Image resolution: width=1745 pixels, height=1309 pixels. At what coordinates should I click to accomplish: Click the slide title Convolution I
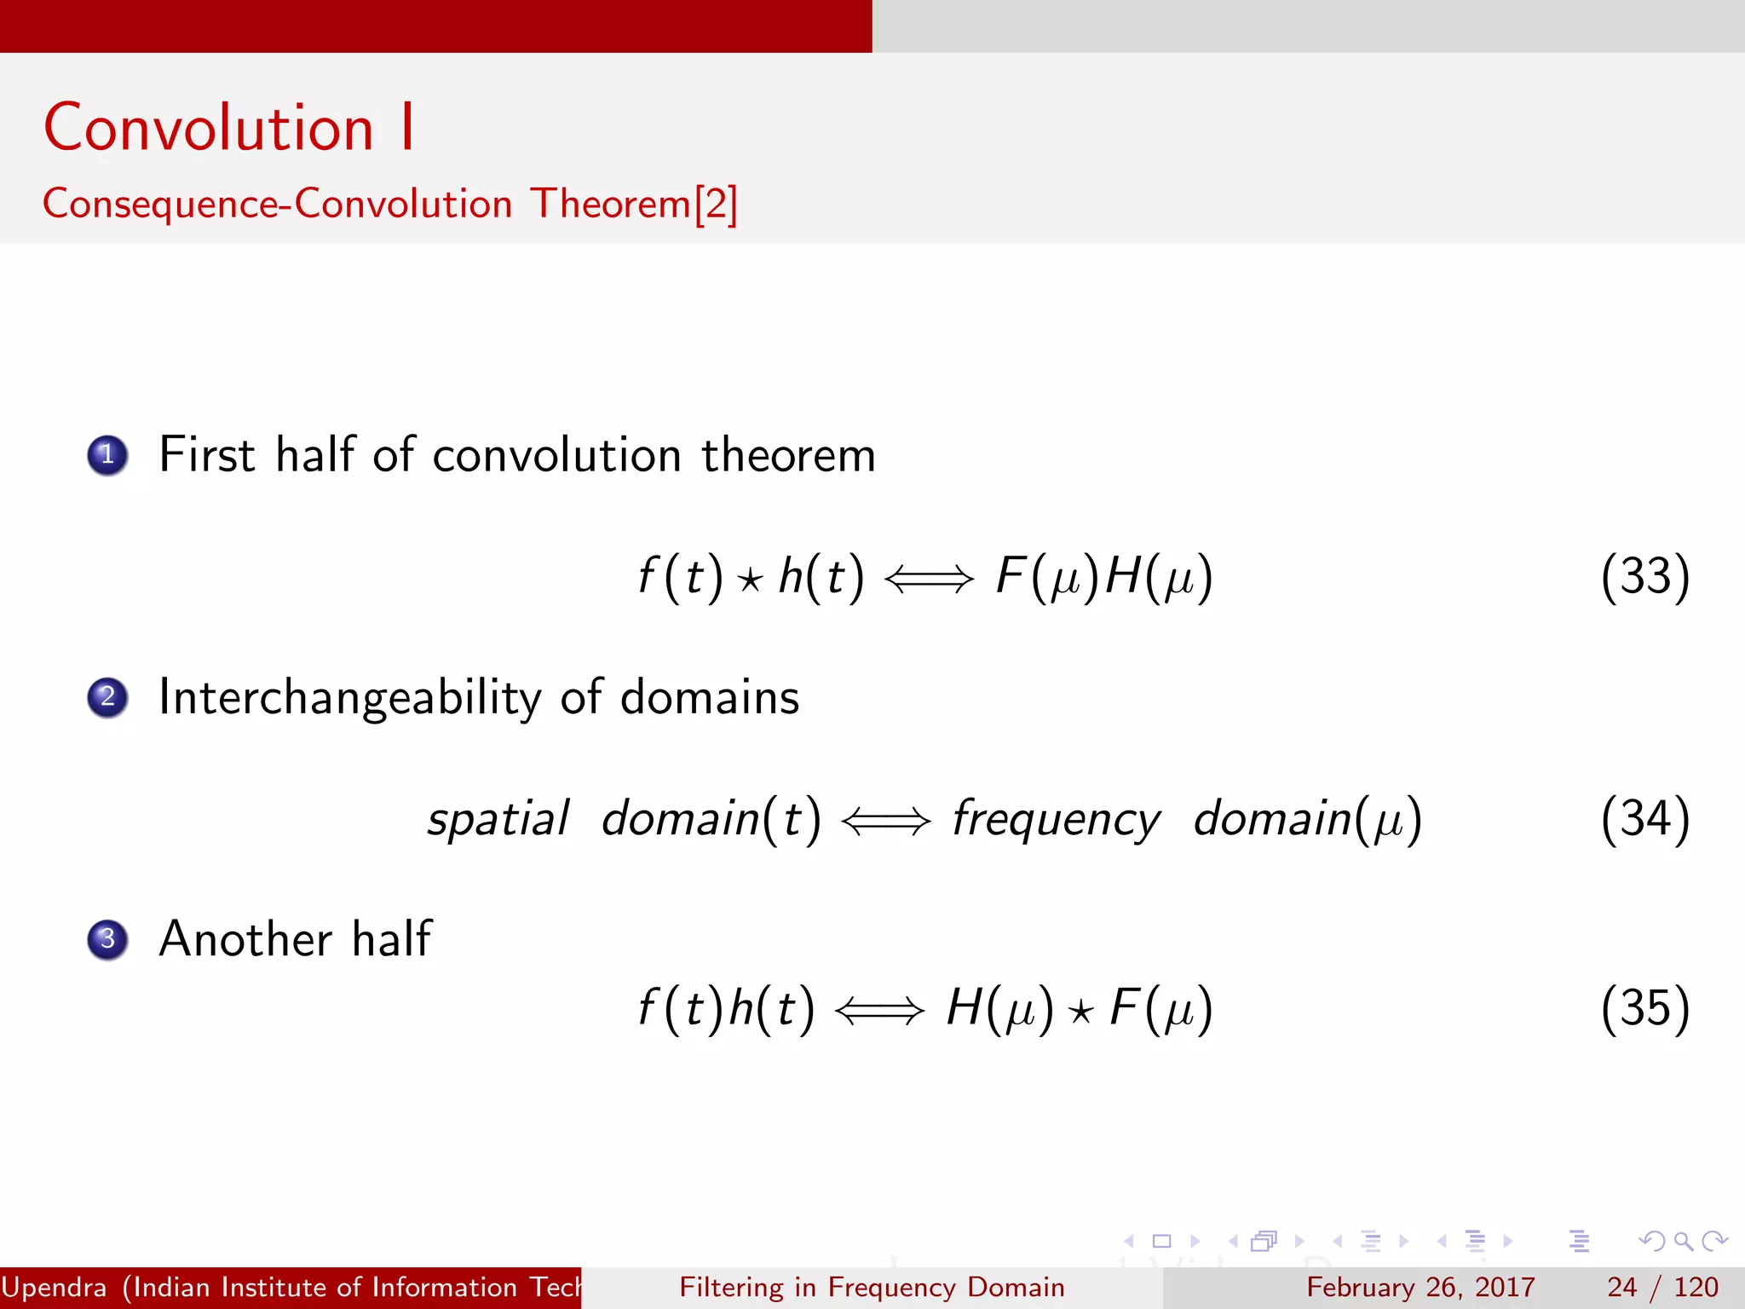point(228,128)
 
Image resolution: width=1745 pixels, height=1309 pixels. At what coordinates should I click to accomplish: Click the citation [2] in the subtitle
point(716,205)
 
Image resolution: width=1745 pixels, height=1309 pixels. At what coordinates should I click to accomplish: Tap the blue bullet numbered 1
point(107,455)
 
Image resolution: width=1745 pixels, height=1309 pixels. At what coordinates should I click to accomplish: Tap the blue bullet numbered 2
point(107,697)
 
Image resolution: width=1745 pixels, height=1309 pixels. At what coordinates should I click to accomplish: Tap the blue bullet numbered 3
point(107,939)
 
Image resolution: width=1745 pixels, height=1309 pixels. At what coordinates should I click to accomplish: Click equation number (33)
point(1644,577)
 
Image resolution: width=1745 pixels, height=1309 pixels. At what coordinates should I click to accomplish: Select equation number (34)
point(1644,819)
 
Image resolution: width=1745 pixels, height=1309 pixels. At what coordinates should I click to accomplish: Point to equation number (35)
point(1644,1008)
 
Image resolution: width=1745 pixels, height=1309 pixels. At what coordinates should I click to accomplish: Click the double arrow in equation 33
point(929,580)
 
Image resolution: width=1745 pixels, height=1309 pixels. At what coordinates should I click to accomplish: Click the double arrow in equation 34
point(885,822)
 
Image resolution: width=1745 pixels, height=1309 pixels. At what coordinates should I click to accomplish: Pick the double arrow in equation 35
point(879,1011)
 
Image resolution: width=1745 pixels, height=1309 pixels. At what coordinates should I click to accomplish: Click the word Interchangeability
point(349,697)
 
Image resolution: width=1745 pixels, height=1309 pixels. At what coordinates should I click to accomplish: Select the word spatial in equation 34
point(498,819)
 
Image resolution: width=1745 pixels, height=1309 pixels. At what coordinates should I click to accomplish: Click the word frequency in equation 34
point(1056,819)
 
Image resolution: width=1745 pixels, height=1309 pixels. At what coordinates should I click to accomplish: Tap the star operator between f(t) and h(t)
point(750,581)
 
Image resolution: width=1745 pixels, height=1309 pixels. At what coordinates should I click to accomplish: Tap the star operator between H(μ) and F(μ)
point(1080,1012)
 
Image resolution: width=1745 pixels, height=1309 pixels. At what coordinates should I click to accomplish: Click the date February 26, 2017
point(1420,1287)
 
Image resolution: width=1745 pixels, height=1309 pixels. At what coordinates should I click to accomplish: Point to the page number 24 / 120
point(1661,1287)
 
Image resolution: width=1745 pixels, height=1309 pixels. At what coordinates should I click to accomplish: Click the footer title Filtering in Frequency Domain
point(872,1287)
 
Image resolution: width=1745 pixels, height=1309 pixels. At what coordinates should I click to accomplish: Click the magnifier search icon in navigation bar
point(1683,1241)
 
